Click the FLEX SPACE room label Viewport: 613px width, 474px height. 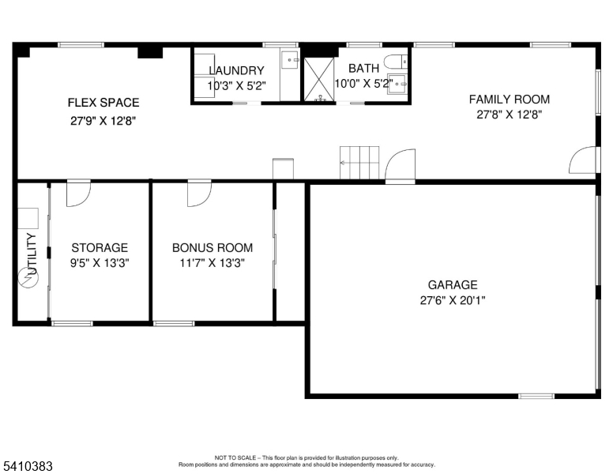[x=103, y=102]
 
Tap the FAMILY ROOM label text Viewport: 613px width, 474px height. [x=509, y=100]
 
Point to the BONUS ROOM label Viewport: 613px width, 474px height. [x=212, y=247]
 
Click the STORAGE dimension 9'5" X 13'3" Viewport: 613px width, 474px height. [x=100, y=263]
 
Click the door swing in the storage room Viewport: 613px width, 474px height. [x=78, y=194]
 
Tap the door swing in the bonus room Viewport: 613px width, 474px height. [x=199, y=194]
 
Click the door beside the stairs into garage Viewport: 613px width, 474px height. [x=401, y=166]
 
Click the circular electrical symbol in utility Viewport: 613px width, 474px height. [x=28, y=279]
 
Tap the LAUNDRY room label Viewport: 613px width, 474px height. [x=236, y=70]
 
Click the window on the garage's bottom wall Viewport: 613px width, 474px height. [x=536, y=395]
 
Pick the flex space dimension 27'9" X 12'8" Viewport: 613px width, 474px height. [x=103, y=122]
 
